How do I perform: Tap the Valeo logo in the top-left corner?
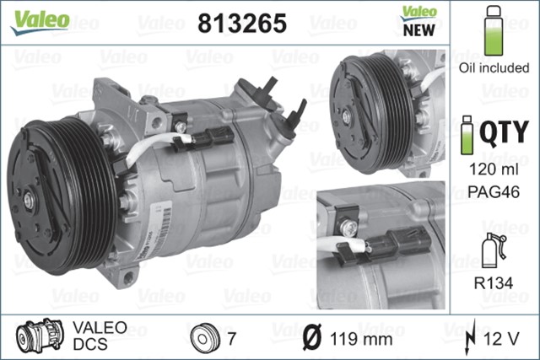point(40,18)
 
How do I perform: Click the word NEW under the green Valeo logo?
point(418,30)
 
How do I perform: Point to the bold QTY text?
point(504,133)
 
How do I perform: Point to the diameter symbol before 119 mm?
point(310,339)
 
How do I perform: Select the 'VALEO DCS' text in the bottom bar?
point(100,336)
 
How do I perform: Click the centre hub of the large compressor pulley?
point(30,200)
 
